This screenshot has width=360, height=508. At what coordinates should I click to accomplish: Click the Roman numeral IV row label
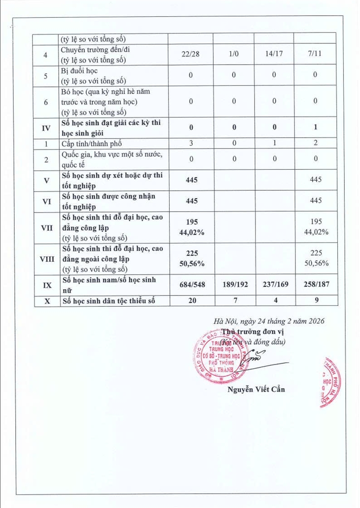point(46,128)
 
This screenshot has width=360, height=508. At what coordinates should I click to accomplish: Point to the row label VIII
point(46,258)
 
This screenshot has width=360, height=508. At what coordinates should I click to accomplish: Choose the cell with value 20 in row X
point(189,300)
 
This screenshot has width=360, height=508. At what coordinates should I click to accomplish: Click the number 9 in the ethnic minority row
point(315,300)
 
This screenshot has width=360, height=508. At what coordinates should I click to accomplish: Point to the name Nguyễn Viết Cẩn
point(255,389)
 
